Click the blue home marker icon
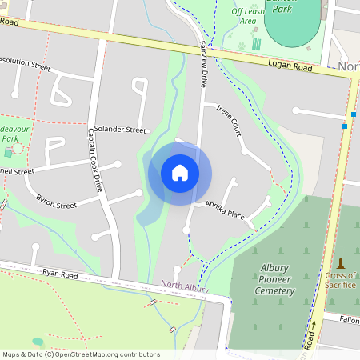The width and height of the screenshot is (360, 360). coord(180,173)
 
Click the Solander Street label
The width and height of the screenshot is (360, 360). coord(120,130)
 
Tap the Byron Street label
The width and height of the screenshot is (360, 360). coord(56,199)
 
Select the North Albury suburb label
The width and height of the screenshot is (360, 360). coord(185,286)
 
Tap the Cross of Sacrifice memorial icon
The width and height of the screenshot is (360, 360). coord(342,262)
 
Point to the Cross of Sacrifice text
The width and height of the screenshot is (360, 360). coord(342,281)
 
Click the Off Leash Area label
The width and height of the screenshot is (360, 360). coord(249,17)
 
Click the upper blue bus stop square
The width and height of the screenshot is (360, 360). coord(353,114)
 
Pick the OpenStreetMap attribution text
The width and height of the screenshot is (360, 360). coord(80,354)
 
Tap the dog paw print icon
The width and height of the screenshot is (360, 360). coord(242,45)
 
